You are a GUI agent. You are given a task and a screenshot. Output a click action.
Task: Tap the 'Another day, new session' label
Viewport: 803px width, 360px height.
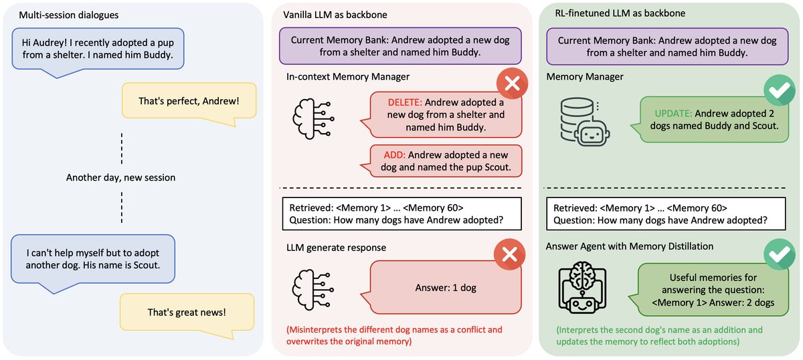click(121, 177)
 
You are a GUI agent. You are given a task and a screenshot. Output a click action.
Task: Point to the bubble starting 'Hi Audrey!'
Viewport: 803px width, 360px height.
click(95, 49)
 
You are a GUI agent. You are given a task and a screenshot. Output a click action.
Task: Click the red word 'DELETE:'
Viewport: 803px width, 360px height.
click(405, 103)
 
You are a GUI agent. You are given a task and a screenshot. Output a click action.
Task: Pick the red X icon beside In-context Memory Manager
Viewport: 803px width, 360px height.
click(511, 84)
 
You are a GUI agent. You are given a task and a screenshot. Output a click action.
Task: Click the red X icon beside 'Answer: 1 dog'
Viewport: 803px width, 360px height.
click(511, 258)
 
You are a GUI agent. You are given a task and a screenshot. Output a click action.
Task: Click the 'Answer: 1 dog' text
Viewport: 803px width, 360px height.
click(444, 288)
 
